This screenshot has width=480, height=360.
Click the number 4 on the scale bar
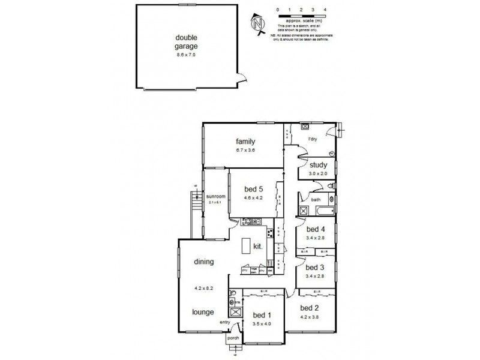point(325,10)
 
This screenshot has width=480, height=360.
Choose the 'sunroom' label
point(215,196)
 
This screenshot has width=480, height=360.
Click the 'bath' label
point(316,200)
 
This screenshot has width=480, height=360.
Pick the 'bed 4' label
point(316,229)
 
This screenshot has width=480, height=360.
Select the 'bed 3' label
point(315,268)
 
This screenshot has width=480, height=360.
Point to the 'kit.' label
point(258,246)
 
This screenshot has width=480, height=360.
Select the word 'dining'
point(204,262)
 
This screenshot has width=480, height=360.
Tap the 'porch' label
point(233,338)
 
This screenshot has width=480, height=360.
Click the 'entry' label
point(226,322)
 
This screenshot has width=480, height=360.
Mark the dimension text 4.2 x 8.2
point(203,287)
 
